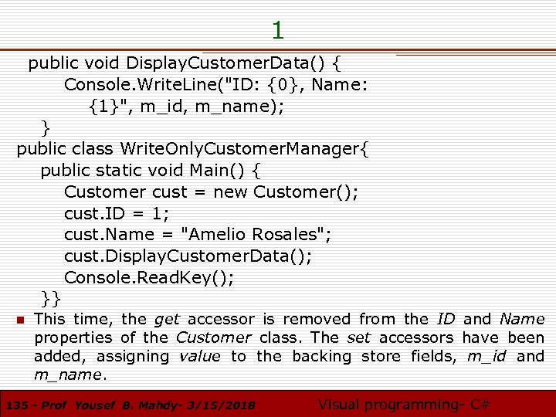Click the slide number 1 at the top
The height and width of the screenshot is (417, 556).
tap(278, 30)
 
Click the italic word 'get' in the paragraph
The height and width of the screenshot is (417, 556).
tap(167, 319)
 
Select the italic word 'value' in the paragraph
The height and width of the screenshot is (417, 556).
tap(199, 356)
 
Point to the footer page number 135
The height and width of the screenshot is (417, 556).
tap(16, 405)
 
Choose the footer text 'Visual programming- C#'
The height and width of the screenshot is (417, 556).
tap(404, 404)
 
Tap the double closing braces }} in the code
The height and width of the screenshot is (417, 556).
tap(52, 297)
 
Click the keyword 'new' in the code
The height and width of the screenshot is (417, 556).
tap(230, 192)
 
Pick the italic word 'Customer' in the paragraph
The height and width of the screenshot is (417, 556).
tap(213, 337)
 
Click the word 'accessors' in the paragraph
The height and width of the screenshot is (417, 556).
tap(416, 337)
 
